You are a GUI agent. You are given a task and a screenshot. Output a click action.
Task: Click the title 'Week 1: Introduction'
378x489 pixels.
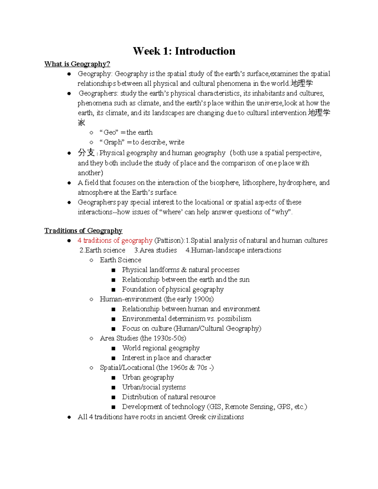[184, 51]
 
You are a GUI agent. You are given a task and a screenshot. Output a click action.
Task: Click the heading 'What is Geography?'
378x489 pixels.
[77, 64]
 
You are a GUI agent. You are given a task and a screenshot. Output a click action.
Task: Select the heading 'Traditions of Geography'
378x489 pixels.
[83, 230]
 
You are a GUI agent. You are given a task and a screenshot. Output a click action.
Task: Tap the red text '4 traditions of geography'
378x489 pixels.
[115, 241]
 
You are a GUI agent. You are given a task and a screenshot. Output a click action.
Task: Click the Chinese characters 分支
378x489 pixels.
[86, 153]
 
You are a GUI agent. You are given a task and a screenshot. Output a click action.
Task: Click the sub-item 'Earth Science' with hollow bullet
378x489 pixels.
[120, 260]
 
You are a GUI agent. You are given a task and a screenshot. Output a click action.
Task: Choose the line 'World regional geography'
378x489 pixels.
[161, 348]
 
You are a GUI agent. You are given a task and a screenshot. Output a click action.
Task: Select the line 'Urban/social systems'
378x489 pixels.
[154, 387]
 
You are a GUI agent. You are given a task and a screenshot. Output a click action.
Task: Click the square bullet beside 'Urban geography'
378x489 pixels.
[113, 378]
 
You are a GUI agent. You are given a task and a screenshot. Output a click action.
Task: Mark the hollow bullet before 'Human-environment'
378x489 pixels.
[91, 299]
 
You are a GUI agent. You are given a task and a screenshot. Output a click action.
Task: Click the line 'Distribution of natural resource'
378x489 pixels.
[169, 397]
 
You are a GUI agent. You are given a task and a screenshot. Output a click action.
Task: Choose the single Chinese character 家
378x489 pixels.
[82, 123]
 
